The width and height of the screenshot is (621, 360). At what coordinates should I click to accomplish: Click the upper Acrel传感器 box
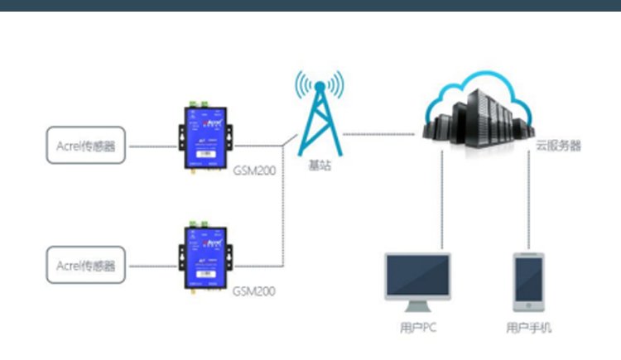[x=86, y=147]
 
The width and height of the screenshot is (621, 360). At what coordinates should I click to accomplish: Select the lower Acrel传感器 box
[x=86, y=266]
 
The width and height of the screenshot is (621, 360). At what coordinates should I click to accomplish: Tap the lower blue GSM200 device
[x=204, y=256]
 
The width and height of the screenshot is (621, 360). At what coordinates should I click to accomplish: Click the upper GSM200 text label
[x=254, y=171]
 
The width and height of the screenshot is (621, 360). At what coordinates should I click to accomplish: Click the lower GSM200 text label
[x=254, y=291]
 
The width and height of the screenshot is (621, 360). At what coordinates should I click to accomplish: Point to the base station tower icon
[x=320, y=112]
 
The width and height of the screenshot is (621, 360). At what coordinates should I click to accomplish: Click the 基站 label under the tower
[x=320, y=166]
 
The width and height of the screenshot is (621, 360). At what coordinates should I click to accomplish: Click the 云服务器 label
[x=557, y=146]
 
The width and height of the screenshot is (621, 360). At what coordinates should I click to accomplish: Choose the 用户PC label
[x=418, y=328]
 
